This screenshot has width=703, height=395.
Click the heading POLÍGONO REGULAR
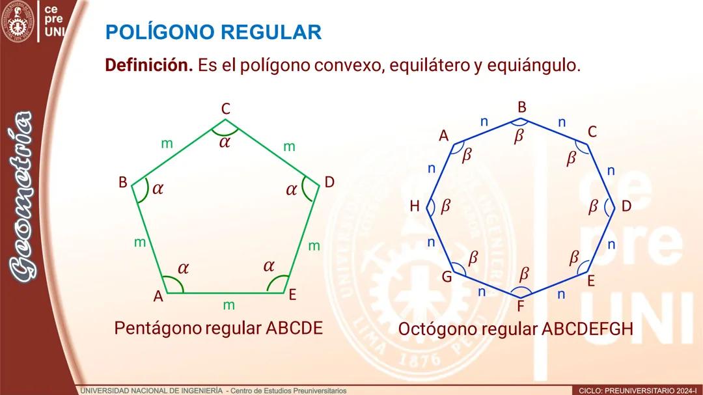[213, 32]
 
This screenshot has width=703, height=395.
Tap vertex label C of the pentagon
[225, 109]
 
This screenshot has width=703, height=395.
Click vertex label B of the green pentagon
[122, 183]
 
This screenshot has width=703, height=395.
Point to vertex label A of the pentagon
[158, 296]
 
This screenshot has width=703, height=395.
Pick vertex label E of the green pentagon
[292, 295]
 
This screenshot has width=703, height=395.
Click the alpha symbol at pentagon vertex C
[225, 142]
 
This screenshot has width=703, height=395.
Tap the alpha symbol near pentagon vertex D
[292, 190]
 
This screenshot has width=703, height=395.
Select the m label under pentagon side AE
[228, 305]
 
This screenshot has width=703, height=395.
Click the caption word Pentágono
[158, 328]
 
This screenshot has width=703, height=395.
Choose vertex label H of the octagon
[415, 206]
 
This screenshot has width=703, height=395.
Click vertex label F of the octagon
[521, 305]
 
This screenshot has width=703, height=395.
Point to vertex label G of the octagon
[447, 277]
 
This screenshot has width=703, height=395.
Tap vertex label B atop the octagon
[521, 107]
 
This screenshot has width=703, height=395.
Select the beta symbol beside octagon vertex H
[446, 206]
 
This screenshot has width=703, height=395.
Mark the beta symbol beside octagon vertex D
[593, 206]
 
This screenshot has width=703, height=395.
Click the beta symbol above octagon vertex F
[524, 273]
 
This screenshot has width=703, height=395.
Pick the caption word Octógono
[437, 329]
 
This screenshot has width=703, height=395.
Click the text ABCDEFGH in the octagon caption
[587, 329]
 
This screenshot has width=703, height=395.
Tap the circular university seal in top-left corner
[18, 21]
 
